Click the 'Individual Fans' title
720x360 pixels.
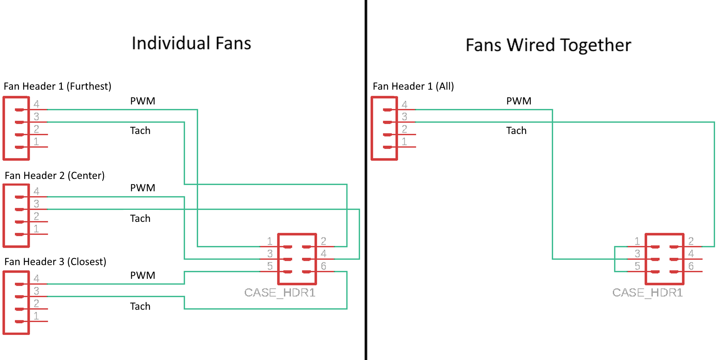pyautogui.click(x=191, y=44)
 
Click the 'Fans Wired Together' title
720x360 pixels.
pyautogui.click(x=548, y=45)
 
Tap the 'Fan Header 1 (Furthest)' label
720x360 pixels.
pyautogui.click(x=57, y=86)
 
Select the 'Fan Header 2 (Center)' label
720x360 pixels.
pyautogui.click(x=54, y=175)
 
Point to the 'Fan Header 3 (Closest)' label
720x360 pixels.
pyautogui.click(x=55, y=262)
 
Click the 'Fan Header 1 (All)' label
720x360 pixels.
pyautogui.click(x=413, y=86)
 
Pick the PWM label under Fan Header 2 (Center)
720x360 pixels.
pyautogui.click(x=142, y=188)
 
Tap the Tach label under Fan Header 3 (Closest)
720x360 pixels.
pyautogui.click(x=140, y=306)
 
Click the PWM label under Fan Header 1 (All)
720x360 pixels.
pyautogui.click(x=519, y=101)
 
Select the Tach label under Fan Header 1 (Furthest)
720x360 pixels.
pyautogui.click(x=140, y=130)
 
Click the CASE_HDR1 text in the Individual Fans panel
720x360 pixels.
pyautogui.click(x=279, y=292)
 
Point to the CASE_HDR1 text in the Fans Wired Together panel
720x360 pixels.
pyautogui.click(x=647, y=292)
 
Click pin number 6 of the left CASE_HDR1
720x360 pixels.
pyautogui.click(x=323, y=266)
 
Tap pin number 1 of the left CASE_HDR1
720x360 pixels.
pyautogui.click(x=270, y=241)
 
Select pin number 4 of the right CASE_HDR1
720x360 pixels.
pyautogui.click(x=691, y=253)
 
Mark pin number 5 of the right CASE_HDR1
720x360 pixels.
pyautogui.click(x=637, y=266)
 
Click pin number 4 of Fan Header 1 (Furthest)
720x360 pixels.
pyautogui.click(x=36, y=104)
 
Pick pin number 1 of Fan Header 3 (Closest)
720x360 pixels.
pyautogui.click(x=36, y=316)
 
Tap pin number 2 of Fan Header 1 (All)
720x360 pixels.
pyautogui.click(x=404, y=129)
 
